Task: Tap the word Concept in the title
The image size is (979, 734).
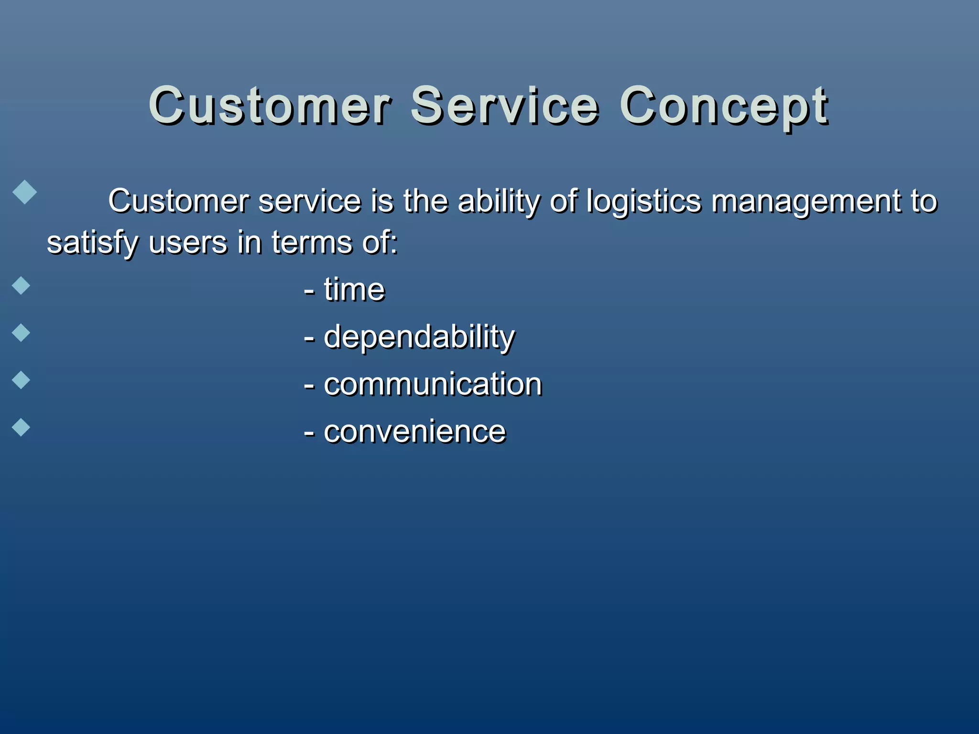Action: [723, 108]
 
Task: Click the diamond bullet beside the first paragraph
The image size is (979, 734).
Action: [24, 192]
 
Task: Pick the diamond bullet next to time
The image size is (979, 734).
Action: [21, 285]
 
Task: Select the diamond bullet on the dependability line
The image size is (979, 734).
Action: [21, 333]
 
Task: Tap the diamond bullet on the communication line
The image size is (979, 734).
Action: [21, 380]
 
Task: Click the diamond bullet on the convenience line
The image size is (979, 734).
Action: [21, 427]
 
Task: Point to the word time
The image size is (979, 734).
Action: [354, 290]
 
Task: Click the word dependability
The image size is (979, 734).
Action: [419, 337]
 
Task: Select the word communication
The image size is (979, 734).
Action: [433, 384]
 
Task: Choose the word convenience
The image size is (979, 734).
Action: [414, 432]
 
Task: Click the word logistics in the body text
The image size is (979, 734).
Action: [643, 202]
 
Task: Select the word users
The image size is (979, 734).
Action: [188, 243]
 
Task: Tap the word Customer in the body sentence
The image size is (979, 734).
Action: [178, 201]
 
